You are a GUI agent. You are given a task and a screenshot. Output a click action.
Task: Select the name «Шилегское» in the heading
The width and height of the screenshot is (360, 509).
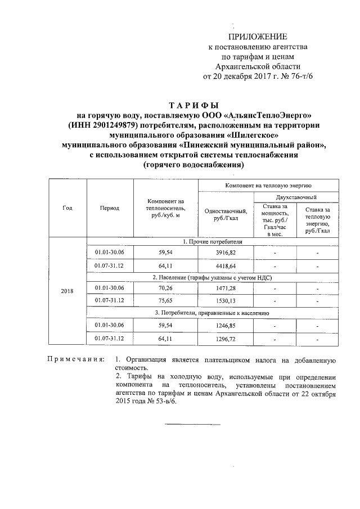click(253, 135)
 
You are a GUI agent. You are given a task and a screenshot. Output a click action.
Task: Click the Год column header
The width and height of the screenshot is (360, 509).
click(67, 208)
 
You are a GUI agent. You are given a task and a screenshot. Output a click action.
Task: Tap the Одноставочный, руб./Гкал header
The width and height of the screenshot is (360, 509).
click(226, 214)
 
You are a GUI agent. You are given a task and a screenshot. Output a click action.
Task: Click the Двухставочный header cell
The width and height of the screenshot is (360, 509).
click(296, 197)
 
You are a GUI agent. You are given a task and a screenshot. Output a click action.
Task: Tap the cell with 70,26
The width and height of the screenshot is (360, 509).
click(165, 289)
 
